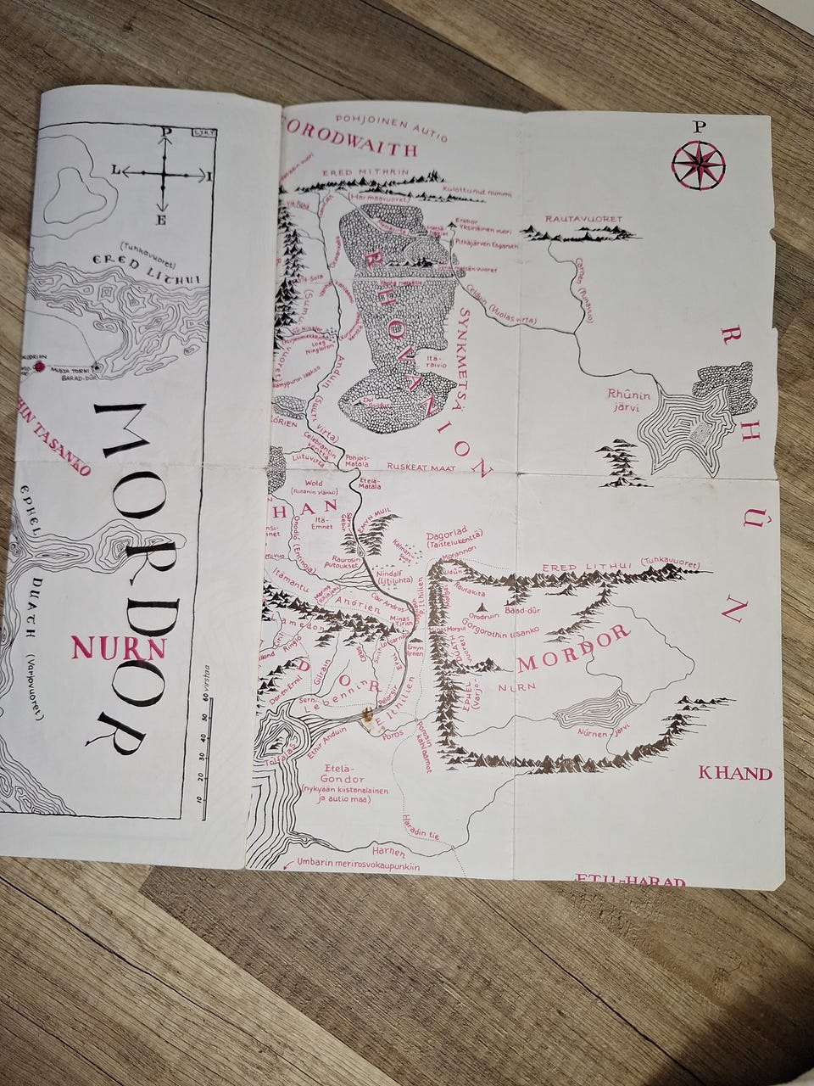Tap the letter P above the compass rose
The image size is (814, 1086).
(x=698, y=127)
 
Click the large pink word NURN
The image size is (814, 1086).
(x=119, y=648)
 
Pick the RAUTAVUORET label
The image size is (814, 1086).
(x=583, y=219)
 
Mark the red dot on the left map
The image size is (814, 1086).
(x=39, y=367)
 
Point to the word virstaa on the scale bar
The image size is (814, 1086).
(x=205, y=678)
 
